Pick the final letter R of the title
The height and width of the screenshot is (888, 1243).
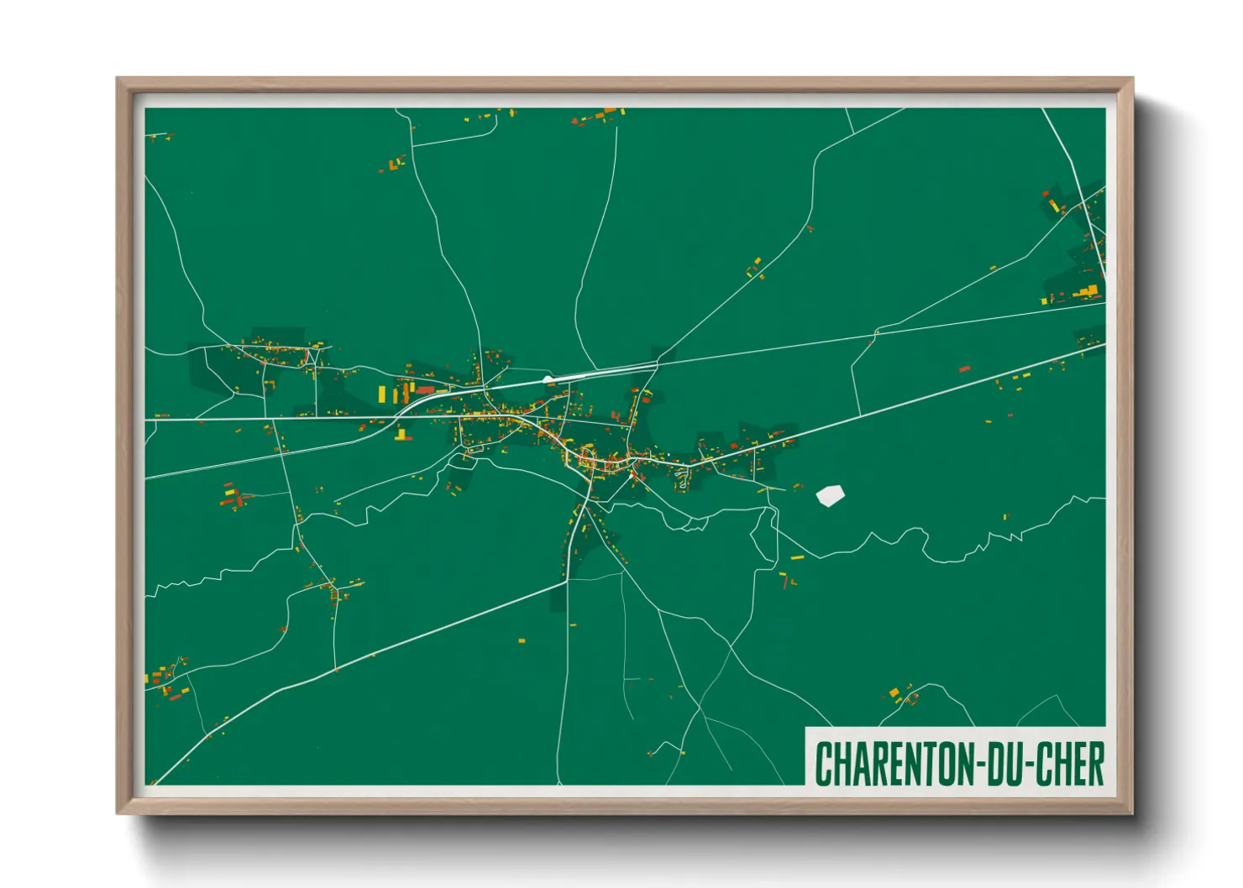pos(1095,764)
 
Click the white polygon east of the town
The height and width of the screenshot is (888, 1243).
pos(831,495)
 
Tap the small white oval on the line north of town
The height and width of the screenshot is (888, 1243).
pos(548,380)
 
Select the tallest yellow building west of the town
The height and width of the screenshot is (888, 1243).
pos(381,394)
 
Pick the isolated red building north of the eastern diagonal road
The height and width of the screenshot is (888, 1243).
pos(965,368)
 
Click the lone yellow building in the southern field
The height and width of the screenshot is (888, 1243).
pos(522,640)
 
